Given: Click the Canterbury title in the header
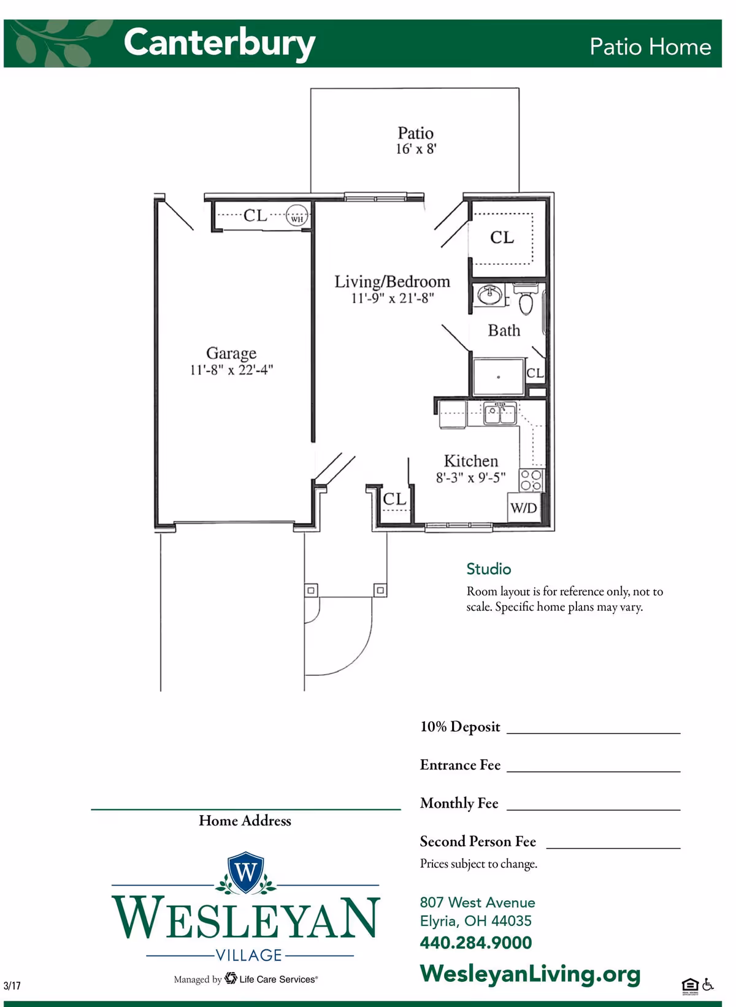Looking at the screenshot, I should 219,43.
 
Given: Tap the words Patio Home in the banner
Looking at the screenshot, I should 650,47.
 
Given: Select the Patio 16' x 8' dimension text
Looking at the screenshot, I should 415,149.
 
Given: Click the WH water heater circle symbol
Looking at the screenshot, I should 297,216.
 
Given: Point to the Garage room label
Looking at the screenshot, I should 231,353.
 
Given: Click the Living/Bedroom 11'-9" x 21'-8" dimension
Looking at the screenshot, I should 392,299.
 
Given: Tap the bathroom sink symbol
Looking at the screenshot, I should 490,295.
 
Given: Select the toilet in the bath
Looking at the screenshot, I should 526,299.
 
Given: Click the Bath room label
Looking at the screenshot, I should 504,331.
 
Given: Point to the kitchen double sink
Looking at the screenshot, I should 500,413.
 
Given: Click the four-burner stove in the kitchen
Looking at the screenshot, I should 531,480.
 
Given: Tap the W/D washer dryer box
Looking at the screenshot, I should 524,508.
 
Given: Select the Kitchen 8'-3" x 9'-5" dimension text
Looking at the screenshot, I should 470,478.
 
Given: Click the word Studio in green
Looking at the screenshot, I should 488,569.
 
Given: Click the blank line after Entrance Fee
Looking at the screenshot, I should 593,770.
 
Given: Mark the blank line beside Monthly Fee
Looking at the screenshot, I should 593,808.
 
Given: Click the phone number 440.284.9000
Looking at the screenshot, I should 475,943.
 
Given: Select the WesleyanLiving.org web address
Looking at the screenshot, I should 530,973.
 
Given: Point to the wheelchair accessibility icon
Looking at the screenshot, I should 708,984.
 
